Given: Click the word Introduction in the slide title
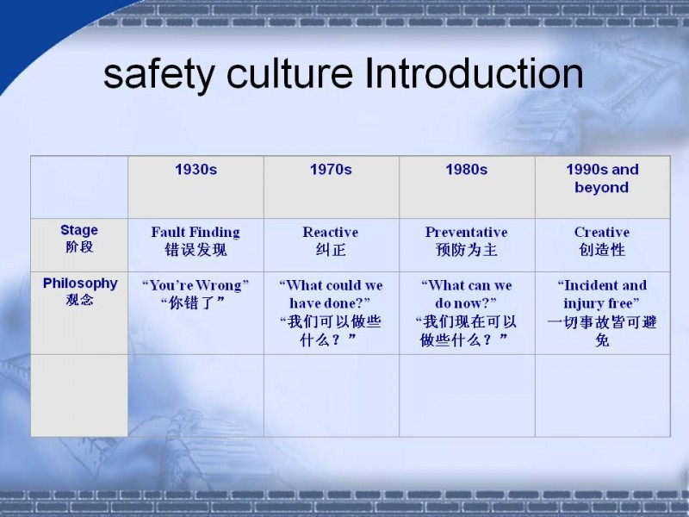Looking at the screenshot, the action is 474,73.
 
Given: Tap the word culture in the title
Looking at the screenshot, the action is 289,73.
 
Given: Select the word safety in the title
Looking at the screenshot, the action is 158,76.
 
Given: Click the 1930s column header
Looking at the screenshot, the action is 196,170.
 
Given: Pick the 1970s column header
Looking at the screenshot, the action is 331,170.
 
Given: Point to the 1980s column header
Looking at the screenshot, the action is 467,170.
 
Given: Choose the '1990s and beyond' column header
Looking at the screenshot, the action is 602,178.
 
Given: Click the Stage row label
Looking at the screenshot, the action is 79,230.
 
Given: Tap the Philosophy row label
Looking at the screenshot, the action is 80,283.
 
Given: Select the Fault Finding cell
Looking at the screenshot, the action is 196,232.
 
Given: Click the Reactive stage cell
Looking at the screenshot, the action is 331,232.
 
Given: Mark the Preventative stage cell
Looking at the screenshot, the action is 466,232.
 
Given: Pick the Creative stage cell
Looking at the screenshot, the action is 602,232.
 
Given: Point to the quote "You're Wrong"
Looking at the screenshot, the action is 196,285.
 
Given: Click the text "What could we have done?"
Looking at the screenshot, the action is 331,294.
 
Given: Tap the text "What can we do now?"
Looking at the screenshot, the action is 466,294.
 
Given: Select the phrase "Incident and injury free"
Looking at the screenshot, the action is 602,294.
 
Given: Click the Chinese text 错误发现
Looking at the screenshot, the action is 196,250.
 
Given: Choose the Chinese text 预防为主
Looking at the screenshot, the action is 467,250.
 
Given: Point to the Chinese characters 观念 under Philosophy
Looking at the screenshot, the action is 79,300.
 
